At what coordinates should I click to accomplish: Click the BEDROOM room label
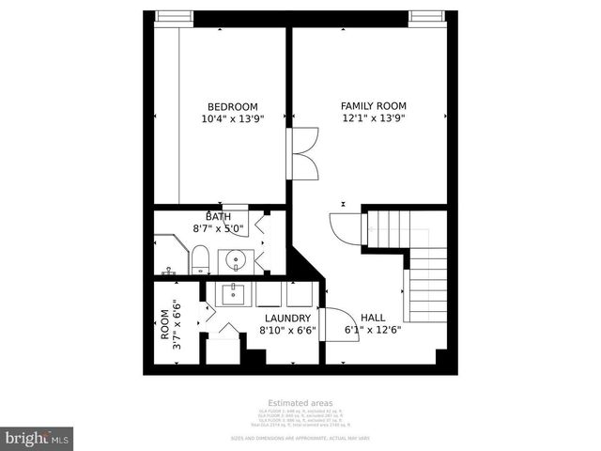click(232, 107)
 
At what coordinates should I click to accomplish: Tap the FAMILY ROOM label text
click(372, 107)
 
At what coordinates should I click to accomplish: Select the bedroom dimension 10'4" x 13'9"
click(232, 119)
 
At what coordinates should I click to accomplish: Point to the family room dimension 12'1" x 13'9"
click(372, 119)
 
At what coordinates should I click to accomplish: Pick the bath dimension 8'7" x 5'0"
click(219, 228)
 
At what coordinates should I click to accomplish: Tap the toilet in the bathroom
click(199, 258)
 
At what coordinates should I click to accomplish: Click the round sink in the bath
click(233, 259)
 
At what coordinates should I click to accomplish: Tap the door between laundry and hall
click(333, 324)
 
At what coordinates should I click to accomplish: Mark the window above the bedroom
click(174, 15)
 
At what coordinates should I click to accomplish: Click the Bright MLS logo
click(38, 438)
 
